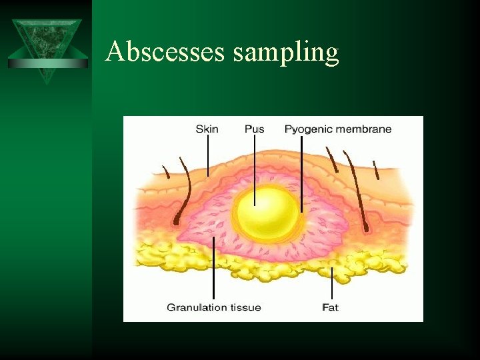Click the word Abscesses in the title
[x=165, y=52]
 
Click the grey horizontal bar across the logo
[x=47, y=63]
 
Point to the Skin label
[x=207, y=129]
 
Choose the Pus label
[x=254, y=129]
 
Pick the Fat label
[x=330, y=307]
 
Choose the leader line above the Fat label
[x=331, y=283]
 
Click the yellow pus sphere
[x=267, y=214]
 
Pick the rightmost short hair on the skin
[x=376, y=171]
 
